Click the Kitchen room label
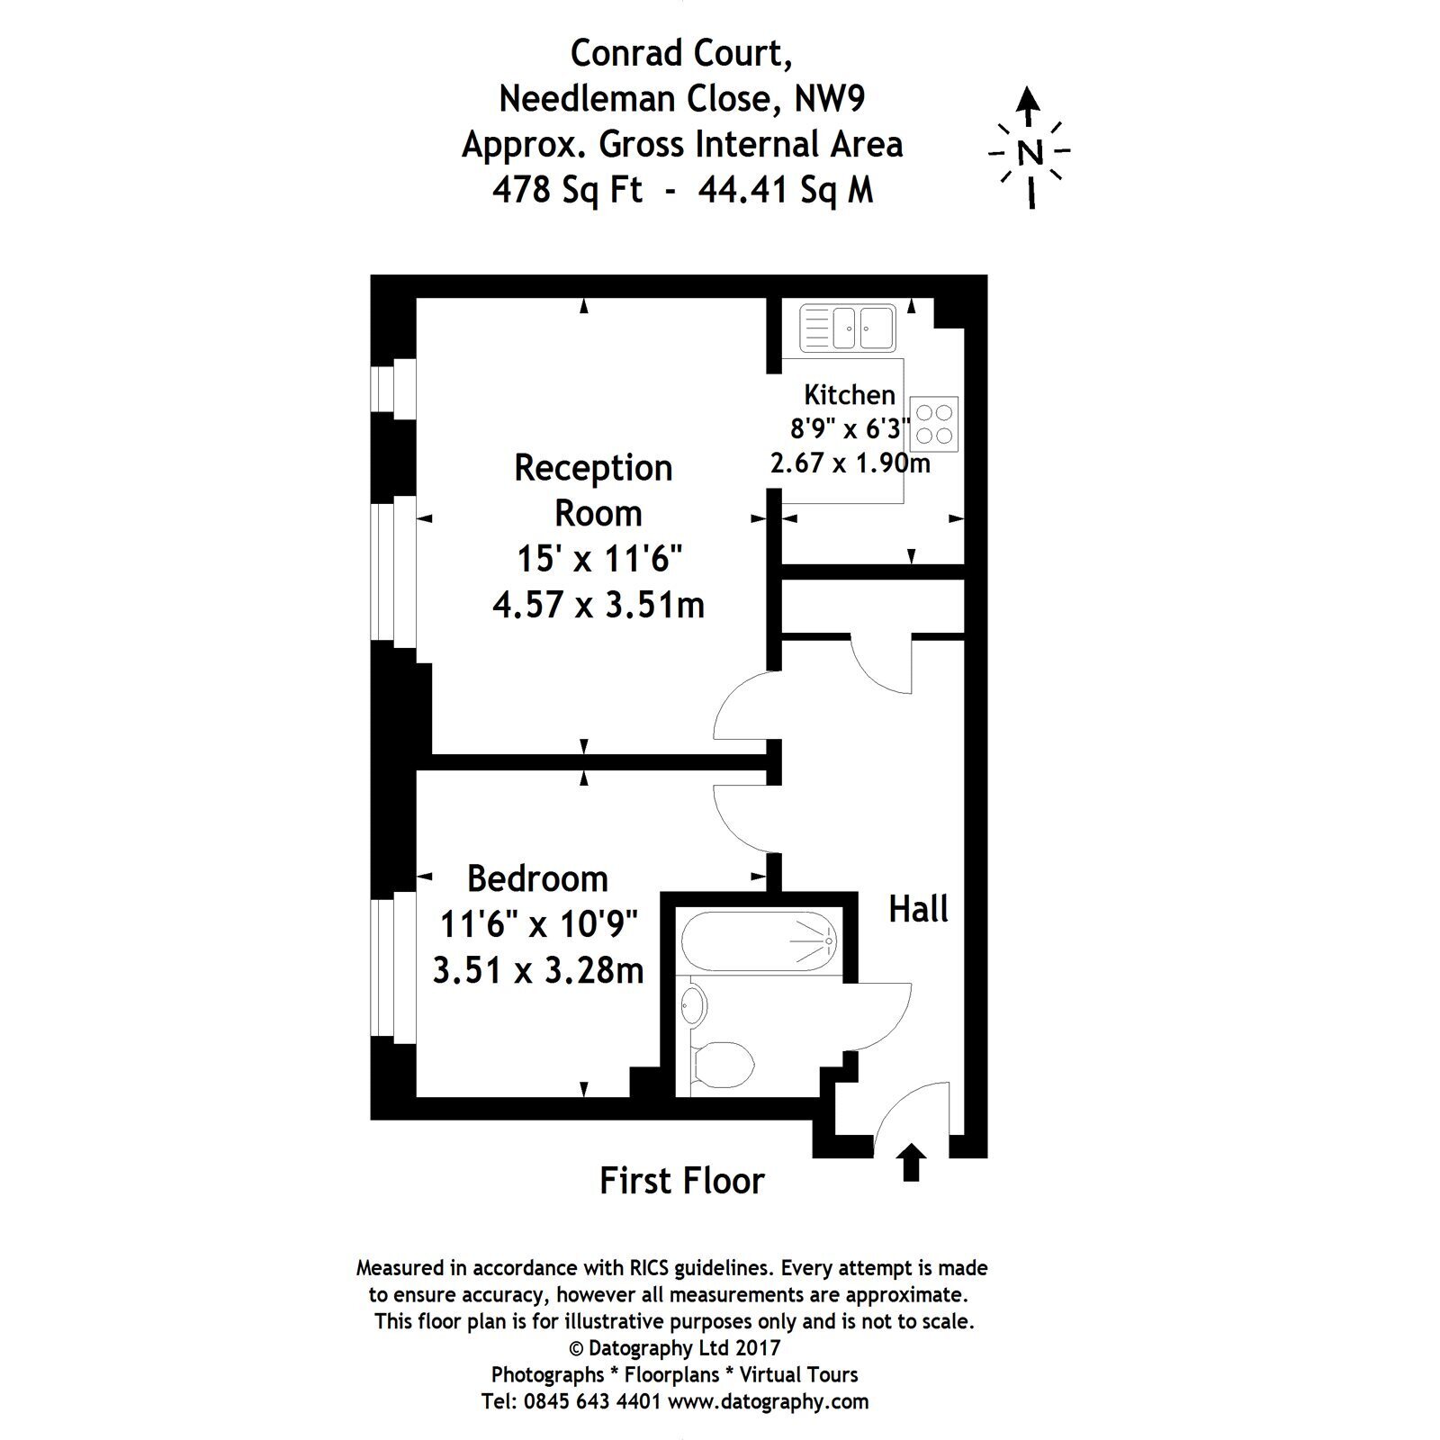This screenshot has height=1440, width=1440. coord(850,394)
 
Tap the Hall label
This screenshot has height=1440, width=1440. coord(918,909)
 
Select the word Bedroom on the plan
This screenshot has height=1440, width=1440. coord(537,877)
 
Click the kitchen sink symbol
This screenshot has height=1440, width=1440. coord(847,328)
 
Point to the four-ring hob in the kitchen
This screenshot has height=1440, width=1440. coord(934,424)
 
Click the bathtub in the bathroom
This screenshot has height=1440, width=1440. coord(759,941)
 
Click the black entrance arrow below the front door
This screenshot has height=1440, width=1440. coord(912,1162)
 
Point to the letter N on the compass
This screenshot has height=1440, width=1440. coord(1030,153)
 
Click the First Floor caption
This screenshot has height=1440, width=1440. coord(681,1181)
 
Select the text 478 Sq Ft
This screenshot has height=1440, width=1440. coord(567,190)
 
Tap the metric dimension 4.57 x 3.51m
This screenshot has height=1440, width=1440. coord(598,605)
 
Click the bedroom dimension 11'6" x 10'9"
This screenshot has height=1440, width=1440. coord(538,923)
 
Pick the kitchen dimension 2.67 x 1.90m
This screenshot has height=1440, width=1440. coord(850,463)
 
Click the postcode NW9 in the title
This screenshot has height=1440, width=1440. coord(829,98)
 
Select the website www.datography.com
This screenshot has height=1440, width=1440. coord(769,1401)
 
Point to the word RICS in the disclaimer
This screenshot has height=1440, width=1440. coord(648,1268)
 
